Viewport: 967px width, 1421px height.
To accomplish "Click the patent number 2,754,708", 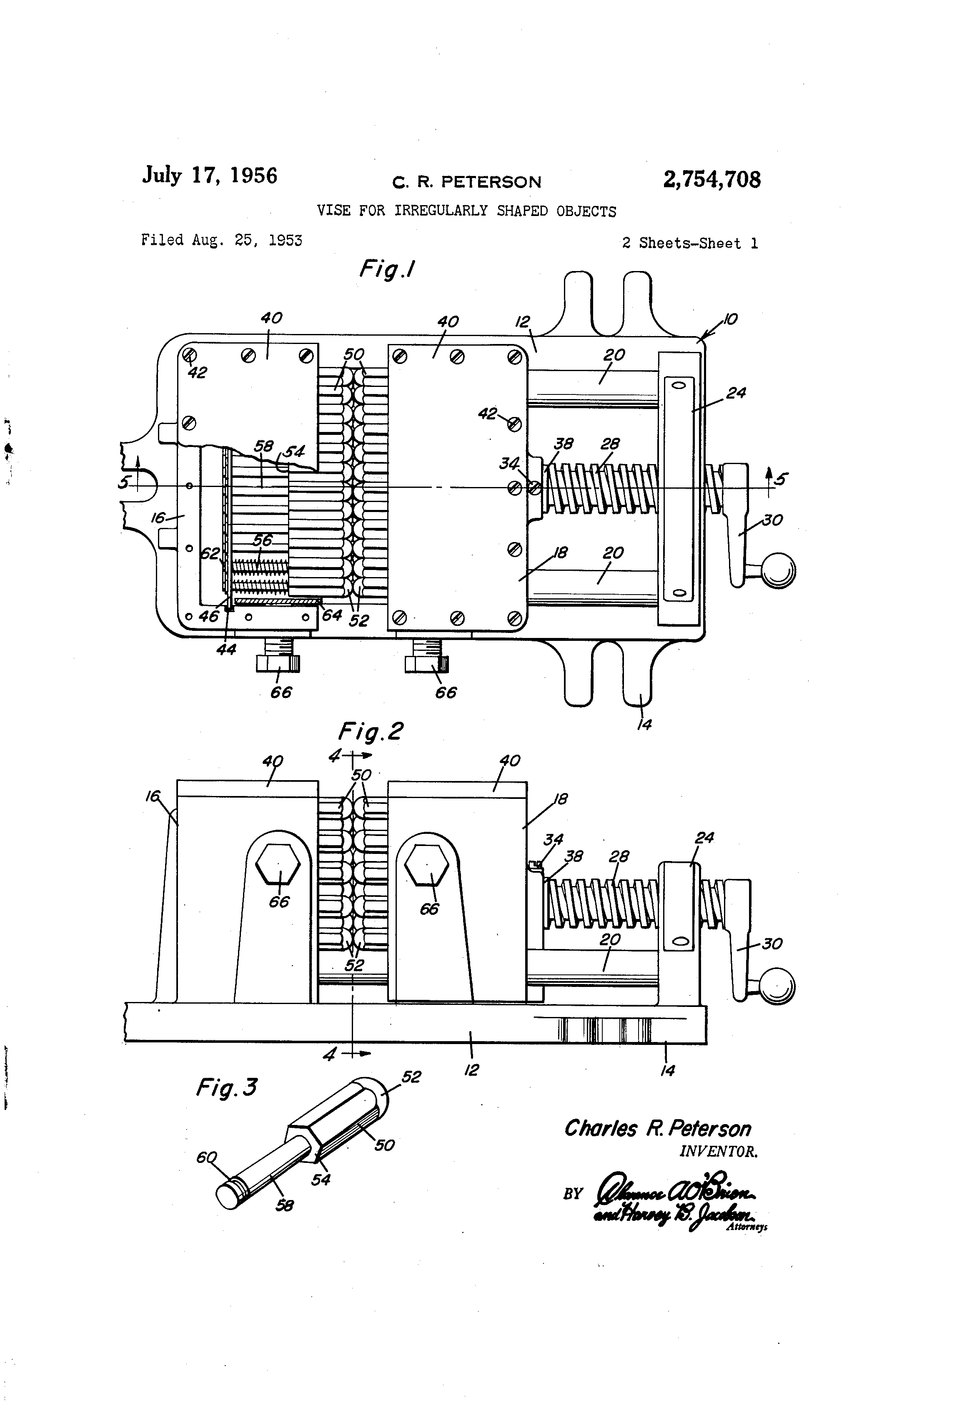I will (x=711, y=180).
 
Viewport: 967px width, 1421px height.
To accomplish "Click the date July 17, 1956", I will (x=210, y=176).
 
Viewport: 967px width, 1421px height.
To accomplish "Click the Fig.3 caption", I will (x=227, y=1087).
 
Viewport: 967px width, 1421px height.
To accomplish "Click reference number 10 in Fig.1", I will (x=730, y=319).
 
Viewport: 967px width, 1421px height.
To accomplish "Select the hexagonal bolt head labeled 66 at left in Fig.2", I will (x=278, y=865).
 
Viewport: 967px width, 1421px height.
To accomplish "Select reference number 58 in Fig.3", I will (x=284, y=1205).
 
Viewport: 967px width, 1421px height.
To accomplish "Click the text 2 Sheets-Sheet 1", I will (x=689, y=244).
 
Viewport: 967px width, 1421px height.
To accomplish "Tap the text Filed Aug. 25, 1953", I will (x=221, y=240).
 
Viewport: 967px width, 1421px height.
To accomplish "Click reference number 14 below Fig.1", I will (x=644, y=725).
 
